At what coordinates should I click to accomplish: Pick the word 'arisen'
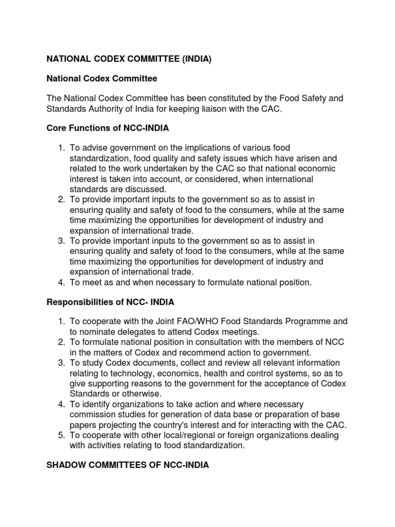point(304,159)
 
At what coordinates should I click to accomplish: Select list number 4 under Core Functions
point(61,282)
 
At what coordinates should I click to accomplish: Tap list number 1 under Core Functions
point(61,148)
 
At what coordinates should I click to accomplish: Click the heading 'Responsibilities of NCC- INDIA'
point(114,302)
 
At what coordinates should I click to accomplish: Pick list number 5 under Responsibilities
point(61,435)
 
